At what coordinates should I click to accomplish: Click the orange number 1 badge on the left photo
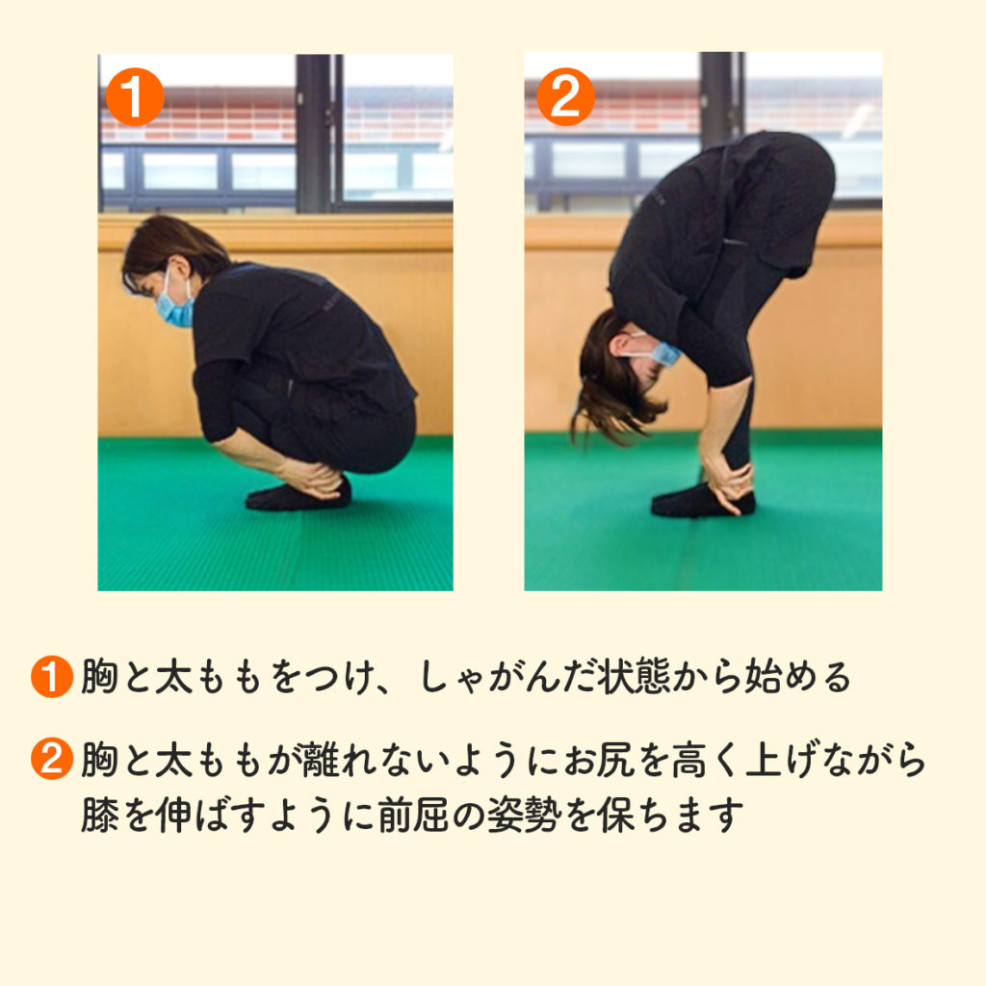tap(135, 97)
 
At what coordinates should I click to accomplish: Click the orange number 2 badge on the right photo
tap(565, 97)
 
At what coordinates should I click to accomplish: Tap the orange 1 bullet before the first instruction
tap(52, 677)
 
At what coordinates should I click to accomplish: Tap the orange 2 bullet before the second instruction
tap(52, 759)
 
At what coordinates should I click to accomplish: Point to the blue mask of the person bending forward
tap(664, 352)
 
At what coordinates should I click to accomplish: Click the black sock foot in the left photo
tap(298, 495)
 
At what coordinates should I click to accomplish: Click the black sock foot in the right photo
tap(702, 502)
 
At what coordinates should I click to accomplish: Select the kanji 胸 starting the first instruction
tap(99, 677)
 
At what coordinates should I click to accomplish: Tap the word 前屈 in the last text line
tap(413, 815)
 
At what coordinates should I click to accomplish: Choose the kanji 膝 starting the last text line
tap(99, 815)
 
